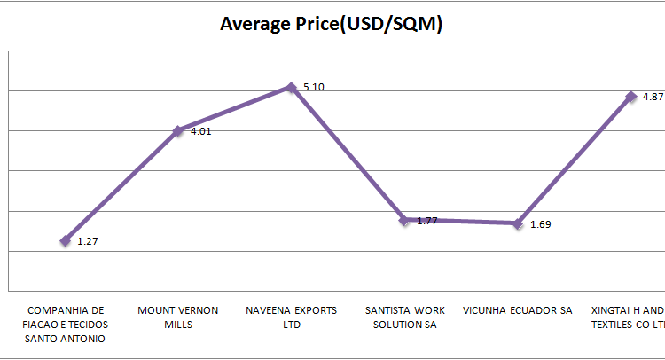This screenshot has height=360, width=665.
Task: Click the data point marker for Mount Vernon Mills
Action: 178,130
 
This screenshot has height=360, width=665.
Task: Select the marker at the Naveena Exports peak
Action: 291,87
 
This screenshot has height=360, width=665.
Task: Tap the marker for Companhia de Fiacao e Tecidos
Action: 65,240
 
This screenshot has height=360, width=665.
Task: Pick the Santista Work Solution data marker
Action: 404,219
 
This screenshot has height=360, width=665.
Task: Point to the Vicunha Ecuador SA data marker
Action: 518,223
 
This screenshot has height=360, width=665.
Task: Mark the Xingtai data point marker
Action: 631,97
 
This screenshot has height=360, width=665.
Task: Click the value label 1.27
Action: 87,240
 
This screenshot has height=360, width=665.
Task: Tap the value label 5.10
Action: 314,87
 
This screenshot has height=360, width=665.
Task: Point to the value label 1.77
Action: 427,220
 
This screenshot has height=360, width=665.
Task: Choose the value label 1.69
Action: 540,224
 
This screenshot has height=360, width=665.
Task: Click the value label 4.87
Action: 653,97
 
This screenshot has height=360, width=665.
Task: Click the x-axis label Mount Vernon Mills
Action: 178,317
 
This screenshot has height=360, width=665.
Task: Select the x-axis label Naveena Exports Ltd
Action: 291,317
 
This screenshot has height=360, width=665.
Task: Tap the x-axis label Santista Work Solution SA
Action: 404,317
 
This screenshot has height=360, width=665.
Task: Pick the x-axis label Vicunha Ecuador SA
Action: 518,311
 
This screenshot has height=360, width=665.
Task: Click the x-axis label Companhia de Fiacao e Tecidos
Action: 66,324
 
